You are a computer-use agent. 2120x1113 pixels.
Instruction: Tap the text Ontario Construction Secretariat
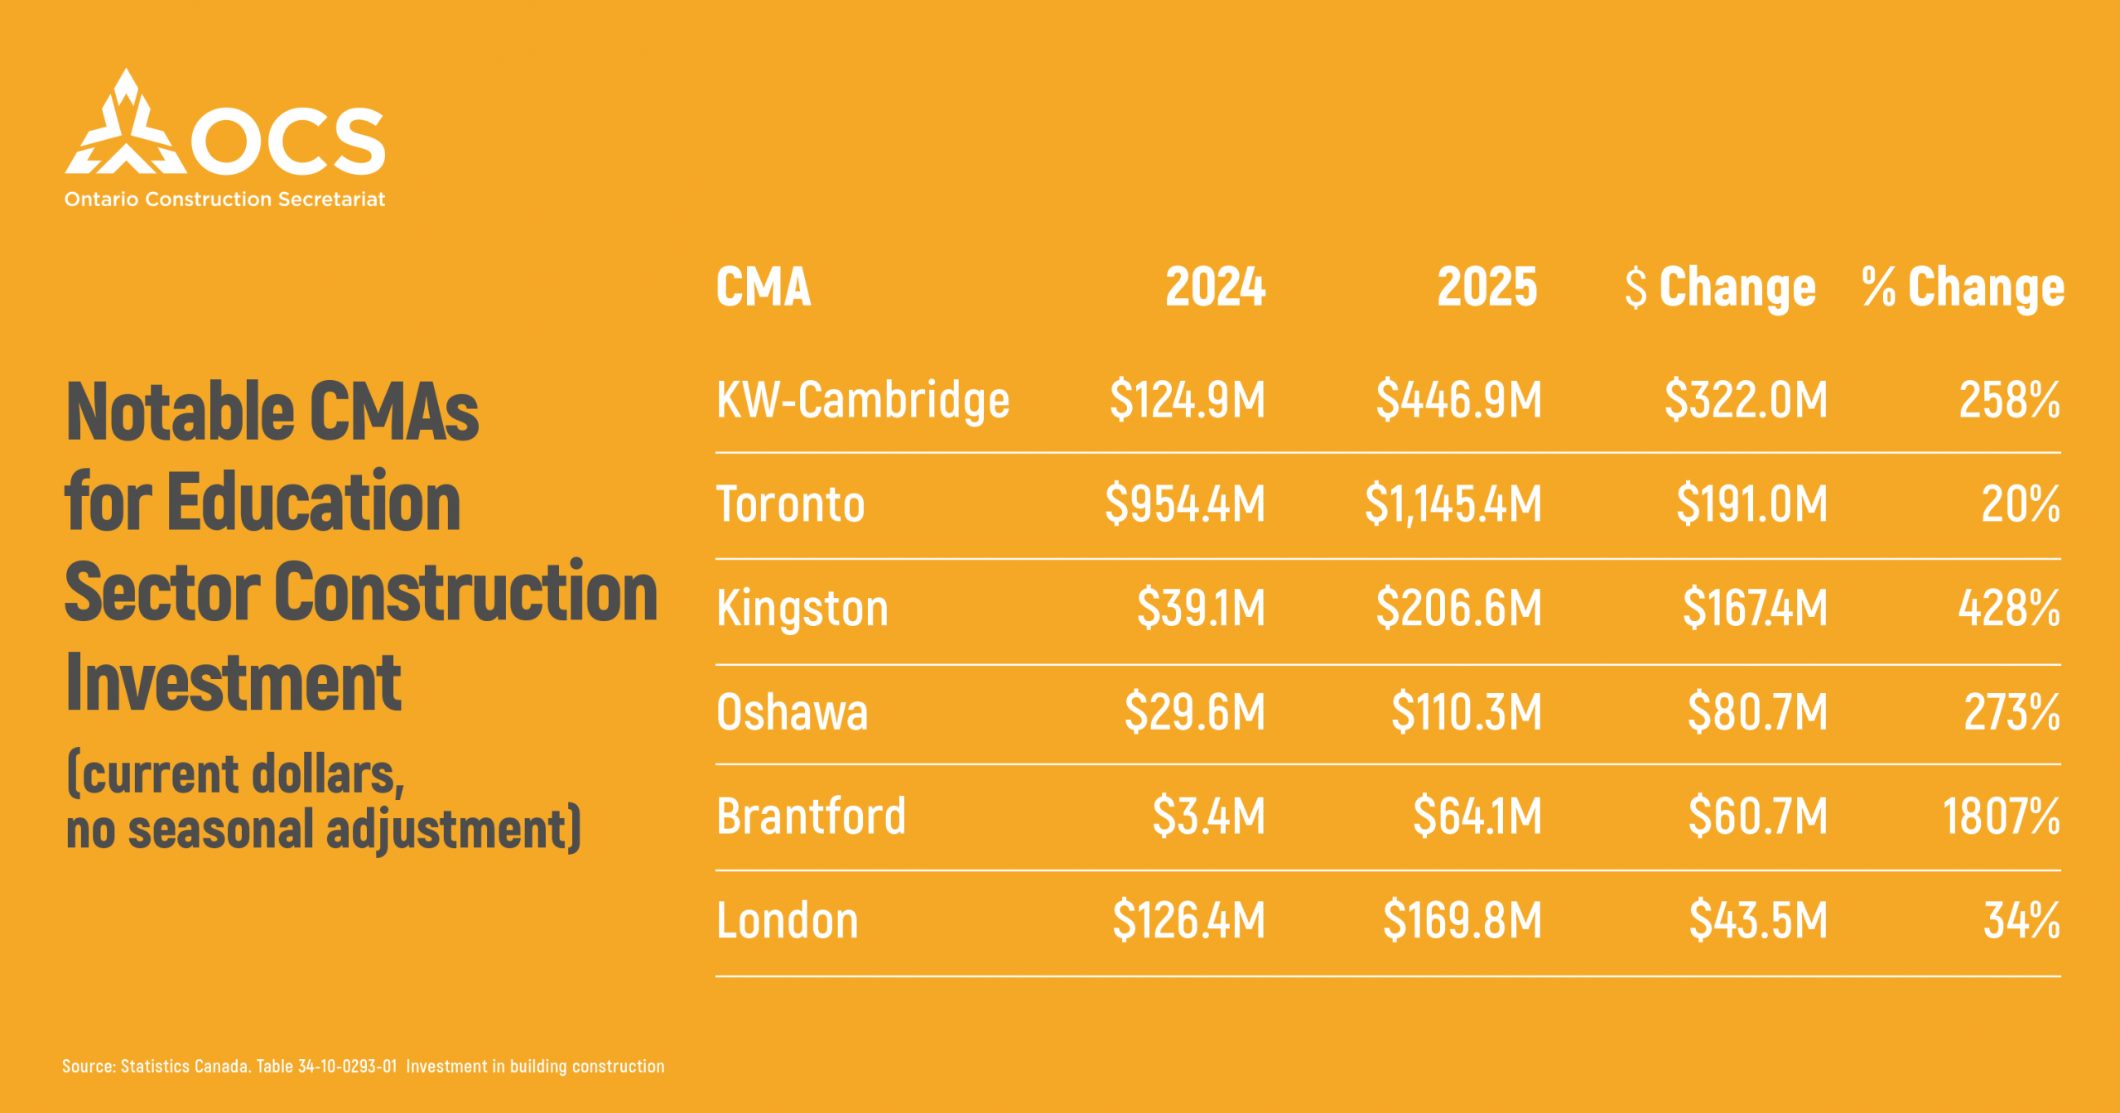(224, 200)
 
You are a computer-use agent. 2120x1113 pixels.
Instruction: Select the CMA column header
(763, 287)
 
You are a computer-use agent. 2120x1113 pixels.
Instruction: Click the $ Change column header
(1720, 287)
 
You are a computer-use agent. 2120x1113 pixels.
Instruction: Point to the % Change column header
(1963, 287)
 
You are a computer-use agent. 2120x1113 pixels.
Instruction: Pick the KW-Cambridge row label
(862, 400)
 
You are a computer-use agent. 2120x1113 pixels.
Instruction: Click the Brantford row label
(811, 816)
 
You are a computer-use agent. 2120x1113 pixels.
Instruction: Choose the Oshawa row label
(792, 712)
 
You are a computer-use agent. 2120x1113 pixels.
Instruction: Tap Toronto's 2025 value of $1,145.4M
(1453, 503)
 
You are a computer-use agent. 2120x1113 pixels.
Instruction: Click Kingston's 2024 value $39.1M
(1201, 608)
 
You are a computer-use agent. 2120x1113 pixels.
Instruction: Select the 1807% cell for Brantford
(2001, 816)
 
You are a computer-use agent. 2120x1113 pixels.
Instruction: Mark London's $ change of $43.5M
(1758, 920)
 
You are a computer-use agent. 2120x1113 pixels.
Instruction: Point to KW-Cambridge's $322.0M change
(1746, 400)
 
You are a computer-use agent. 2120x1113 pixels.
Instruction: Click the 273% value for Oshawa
(2012, 712)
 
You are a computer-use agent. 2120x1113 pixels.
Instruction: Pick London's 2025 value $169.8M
(1462, 920)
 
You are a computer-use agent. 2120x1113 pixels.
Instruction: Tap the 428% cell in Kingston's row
(2009, 608)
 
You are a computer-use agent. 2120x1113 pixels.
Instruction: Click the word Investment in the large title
(234, 683)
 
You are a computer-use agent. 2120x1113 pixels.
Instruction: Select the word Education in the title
(314, 502)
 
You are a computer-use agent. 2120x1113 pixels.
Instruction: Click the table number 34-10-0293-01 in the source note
(347, 1067)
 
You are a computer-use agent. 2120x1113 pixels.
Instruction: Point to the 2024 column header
(1215, 287)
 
